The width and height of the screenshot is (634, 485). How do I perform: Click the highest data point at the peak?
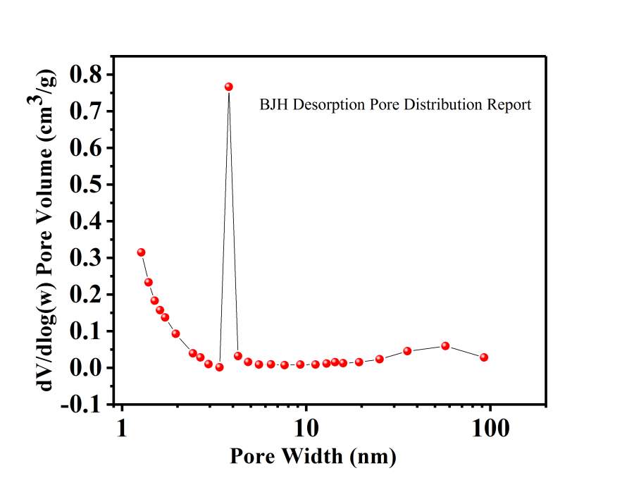tap(228, 87)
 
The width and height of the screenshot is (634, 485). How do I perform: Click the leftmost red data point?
tap(141, 252)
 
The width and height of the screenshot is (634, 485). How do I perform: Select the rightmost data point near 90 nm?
tap(484, 357)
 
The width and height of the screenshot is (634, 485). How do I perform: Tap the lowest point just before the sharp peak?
tap(219, 367)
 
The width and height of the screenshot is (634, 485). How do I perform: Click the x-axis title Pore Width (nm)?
tap(313, 456)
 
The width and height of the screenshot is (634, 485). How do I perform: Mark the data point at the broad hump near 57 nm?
tap(445, 346)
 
